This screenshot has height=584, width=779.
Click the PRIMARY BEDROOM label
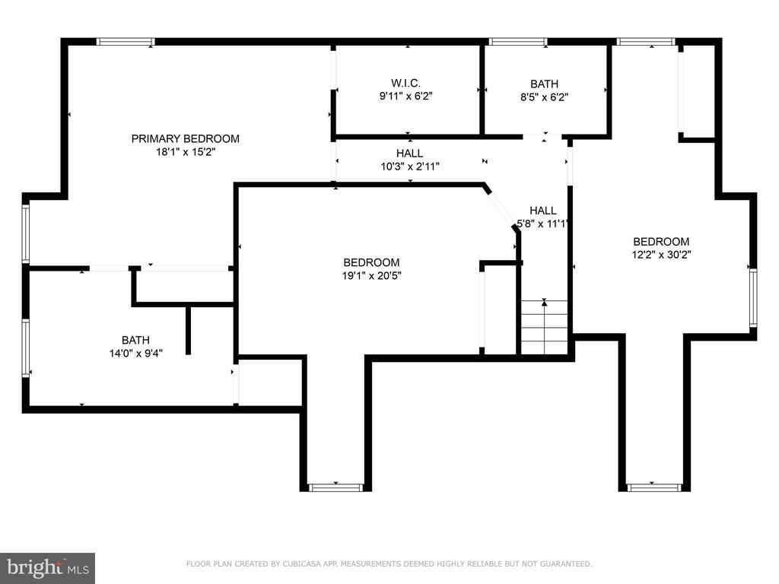coord(186,138)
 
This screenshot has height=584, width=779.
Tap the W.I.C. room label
coord(405,83)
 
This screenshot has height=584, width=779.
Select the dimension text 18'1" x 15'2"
coord(186,152)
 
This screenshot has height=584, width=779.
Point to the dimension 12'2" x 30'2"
coord(661,255)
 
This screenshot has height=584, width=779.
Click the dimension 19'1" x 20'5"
coord(371,275)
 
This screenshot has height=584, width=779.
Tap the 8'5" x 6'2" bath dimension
coord(544,97)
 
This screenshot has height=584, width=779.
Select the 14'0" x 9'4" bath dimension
coord(135,353)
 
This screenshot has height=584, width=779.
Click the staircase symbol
coord(544,327)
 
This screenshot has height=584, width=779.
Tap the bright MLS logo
coord(48,567)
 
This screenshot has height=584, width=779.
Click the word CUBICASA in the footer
coord(303,563)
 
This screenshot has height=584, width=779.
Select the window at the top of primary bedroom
coord(126,42)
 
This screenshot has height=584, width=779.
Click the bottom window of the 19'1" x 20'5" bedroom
coord(335,487)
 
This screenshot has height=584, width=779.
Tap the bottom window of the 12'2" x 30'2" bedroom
coord(654,487)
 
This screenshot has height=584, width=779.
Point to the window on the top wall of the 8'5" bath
coord(517,42)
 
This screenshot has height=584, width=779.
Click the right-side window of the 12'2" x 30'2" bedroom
coord(753,297)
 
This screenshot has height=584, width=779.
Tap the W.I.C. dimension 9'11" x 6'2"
coord(406,96)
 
